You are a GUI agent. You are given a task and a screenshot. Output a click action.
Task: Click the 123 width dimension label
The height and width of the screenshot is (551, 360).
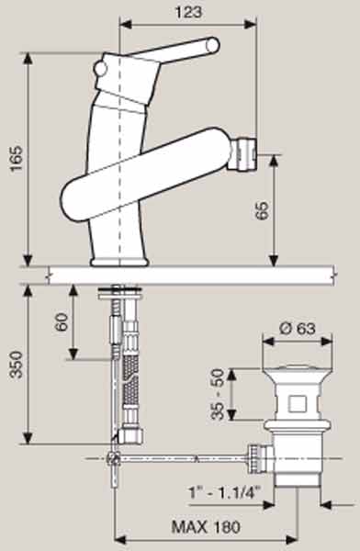[189, 12]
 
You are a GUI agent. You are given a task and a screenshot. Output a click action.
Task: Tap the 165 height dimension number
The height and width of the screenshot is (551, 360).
[17, 159]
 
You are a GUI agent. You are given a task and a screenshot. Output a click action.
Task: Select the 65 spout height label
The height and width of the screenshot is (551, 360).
[263, 210]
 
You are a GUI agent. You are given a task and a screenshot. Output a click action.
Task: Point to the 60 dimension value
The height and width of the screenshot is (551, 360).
[62, 322]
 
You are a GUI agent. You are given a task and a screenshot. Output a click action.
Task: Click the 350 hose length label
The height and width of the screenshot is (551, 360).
[17, 364]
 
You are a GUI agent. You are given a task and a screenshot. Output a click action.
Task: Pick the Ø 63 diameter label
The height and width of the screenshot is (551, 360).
[298, 329]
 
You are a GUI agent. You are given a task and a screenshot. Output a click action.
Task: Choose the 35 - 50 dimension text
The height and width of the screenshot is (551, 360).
[218, 394]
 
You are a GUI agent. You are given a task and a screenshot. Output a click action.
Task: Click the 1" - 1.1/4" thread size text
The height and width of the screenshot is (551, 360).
[225, 492]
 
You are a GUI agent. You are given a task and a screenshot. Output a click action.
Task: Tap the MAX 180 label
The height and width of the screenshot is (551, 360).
[206, 527]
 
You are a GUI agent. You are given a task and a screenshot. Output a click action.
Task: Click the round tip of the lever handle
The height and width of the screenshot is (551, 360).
[213, 46]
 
